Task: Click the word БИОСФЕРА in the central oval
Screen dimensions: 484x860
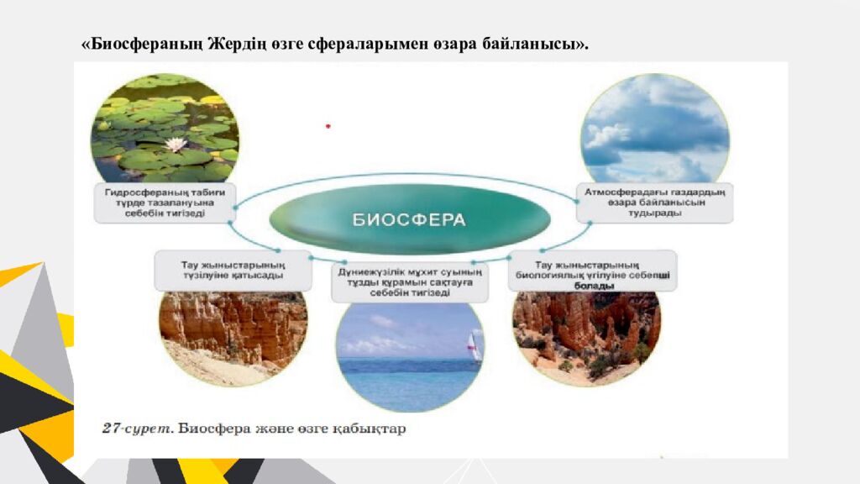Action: pos(409,220)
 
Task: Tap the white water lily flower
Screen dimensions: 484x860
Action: pos(176,145)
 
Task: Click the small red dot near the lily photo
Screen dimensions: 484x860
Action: pos(328,127)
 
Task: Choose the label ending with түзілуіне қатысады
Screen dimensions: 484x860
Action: pos(233,269)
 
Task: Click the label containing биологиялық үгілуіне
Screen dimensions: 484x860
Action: pos(592,271)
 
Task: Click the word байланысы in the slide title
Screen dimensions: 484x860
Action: pos(533,43)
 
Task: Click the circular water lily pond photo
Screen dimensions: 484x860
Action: pos(165,128)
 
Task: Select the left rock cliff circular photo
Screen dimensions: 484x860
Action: pos(233,332)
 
